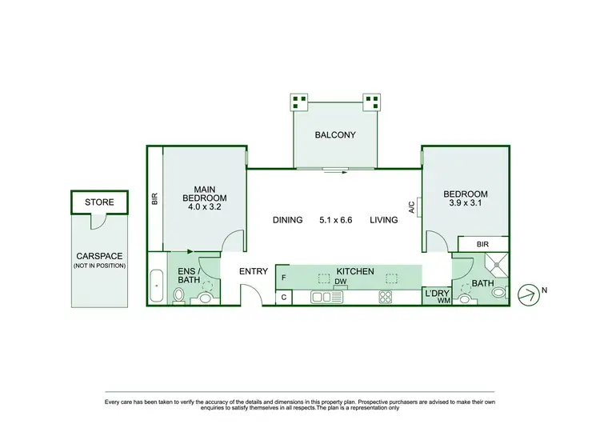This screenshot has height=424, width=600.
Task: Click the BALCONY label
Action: [x=334, y=135]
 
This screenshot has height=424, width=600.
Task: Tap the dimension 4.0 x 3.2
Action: [x=204, y=207]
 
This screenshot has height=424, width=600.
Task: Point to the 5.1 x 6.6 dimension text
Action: [x=336, y=220]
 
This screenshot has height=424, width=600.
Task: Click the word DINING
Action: [x=287, y=220]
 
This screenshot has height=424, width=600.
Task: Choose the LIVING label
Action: [x=384, y=220]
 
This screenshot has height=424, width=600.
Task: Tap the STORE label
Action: [x=100, y=202]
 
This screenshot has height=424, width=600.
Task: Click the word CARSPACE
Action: [x=99, y=256]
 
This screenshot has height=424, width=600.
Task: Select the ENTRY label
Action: [x=254, y=272]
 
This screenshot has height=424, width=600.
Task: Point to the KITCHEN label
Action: [x=354, y=272]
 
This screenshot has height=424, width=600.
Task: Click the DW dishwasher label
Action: [x=340, y=282]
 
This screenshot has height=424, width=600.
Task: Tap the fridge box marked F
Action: [x=284, y=277]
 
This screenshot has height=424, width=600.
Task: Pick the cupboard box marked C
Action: [x=284, y=298]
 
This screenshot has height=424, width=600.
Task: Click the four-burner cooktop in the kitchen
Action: [x=385, y=298]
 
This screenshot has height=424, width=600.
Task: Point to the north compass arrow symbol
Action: [x=528, y=294]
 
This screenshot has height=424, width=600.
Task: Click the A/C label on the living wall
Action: [x=411, y=208]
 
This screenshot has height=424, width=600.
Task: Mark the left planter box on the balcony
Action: [x=299, y=102]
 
